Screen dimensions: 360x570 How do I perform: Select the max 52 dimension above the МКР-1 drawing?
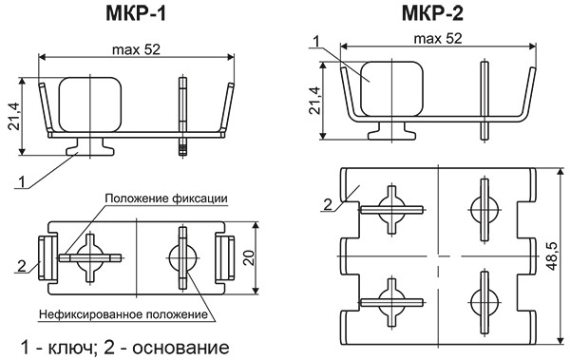(135, 49)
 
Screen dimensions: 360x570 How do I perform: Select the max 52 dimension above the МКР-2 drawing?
(439, 39)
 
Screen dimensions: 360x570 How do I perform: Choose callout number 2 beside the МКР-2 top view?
(326, 202)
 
